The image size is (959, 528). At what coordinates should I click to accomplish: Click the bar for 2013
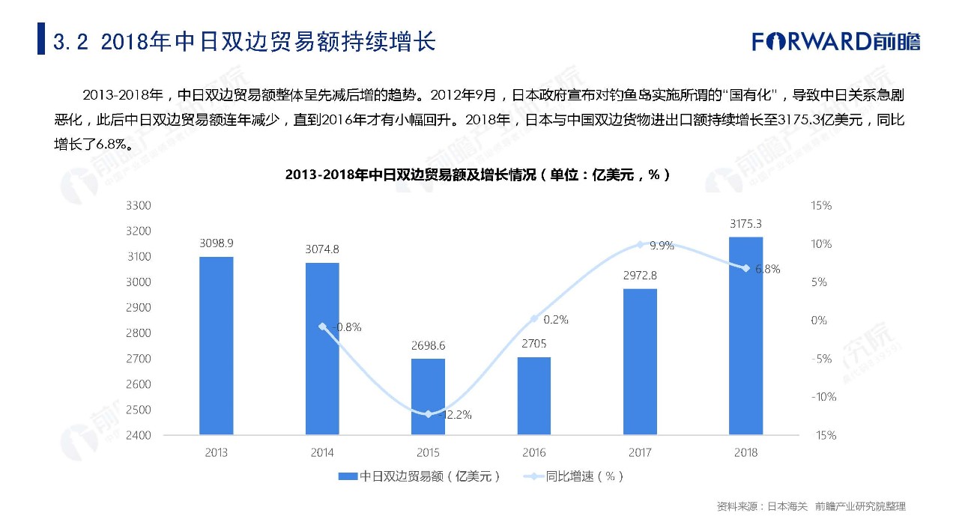point(217,345)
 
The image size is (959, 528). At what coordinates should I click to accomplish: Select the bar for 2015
point(429,396)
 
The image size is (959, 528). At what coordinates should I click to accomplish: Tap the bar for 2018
point(746,336)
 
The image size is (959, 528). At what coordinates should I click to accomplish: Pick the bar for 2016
point(534,395)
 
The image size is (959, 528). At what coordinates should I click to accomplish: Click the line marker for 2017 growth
point(640,244)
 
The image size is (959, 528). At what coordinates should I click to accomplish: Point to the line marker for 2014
point(322,327)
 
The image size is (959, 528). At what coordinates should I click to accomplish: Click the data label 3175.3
point(745,224)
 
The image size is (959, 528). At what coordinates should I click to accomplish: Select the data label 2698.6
point(428,346)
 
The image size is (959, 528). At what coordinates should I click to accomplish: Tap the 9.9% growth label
point(662,245)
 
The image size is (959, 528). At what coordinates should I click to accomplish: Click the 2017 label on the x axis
point(640,452)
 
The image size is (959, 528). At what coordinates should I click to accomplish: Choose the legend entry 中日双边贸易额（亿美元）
point(420,476)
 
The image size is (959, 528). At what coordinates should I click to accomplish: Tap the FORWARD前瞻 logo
point(836,41)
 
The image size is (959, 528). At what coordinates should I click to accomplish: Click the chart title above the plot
point(477,175)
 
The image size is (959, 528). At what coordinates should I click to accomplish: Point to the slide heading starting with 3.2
point(244,40)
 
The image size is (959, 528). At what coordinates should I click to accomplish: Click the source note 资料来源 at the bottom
point(811,507)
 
